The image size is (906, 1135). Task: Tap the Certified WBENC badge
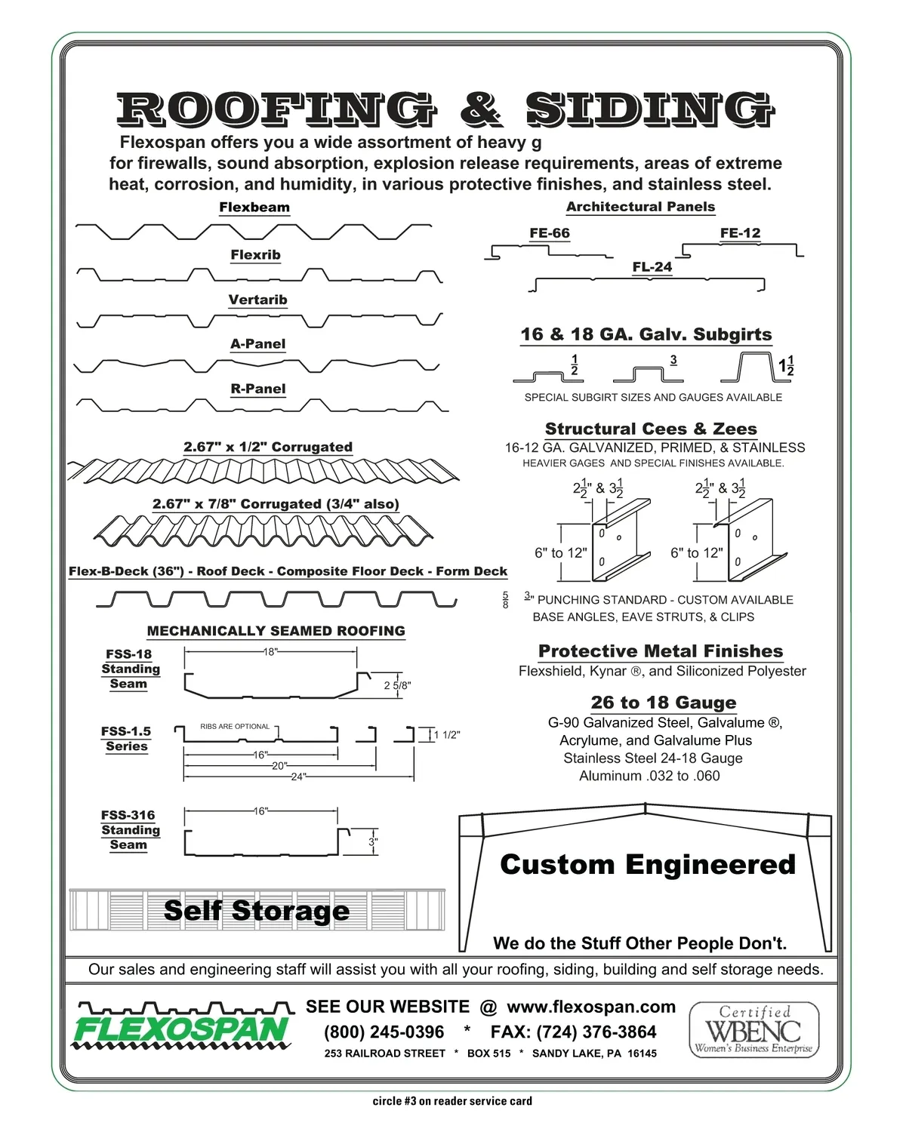point(753,1029)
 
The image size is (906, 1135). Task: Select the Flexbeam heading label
point(254,208)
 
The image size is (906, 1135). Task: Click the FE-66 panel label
point(549,233)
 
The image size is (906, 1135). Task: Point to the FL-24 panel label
point(652,267)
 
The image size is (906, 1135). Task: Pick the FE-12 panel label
point(740,233)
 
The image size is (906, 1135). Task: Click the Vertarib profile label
point(257,300)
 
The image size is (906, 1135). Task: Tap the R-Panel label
point(257,389)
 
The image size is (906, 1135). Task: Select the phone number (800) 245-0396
point(384,1032)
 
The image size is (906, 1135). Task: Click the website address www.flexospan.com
point(590,1007)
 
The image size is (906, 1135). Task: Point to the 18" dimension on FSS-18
point(270,652)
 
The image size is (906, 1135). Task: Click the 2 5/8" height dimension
point(397,685)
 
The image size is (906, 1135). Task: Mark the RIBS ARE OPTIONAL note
point(235,727)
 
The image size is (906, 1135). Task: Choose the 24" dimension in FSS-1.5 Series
point(298,777)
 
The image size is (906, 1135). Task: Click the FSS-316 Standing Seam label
point(130,829)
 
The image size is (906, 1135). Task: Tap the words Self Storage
point(257,911)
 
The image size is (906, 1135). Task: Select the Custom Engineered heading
point(647,864)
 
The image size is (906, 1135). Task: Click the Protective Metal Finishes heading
point(661,651)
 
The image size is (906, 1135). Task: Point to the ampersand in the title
point(479,109)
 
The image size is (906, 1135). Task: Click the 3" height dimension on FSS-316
point(373,842)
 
